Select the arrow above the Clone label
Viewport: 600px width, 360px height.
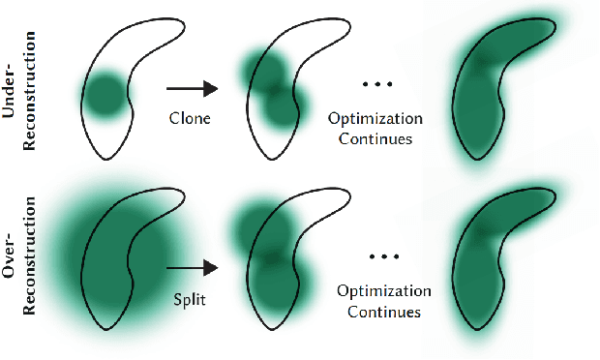point(193,89)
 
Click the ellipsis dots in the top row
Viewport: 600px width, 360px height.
point(378,85)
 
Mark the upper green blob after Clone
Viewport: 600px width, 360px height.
point(261,71)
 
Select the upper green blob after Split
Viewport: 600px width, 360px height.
point(256,229)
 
